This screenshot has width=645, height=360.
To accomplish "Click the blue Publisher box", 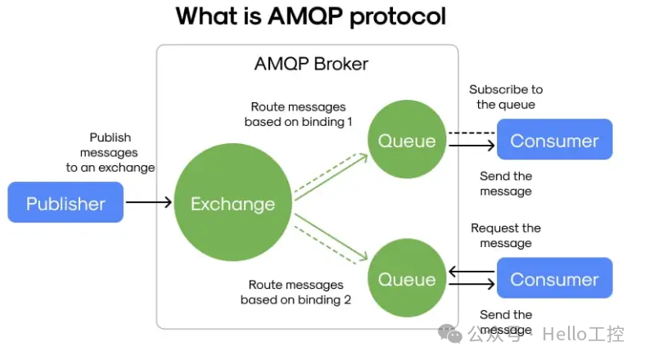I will click(x=65, y=203).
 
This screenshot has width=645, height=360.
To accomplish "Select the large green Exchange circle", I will click(x=232, y=203).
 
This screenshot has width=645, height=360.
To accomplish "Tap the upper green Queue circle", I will click(x=407, y=141).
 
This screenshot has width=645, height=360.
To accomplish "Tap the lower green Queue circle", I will click(x=407, y=280).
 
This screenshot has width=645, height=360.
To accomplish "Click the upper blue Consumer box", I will click(x=554, y=140).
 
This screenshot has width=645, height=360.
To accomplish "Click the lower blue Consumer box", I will click(x=554, y=280).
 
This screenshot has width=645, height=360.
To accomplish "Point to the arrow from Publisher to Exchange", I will click(x=149, y=203).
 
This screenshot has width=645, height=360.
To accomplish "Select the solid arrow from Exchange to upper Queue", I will click(x=332, y=174).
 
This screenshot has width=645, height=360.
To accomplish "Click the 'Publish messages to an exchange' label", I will click(x=111, y=152).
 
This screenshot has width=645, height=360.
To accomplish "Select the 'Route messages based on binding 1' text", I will click(x=298, y=115).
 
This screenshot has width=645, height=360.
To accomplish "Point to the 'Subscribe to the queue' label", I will click(x=505, y=97).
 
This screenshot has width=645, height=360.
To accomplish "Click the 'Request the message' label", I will click(x=505, y=236).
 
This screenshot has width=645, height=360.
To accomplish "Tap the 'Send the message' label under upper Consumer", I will click(x=505, y=183).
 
